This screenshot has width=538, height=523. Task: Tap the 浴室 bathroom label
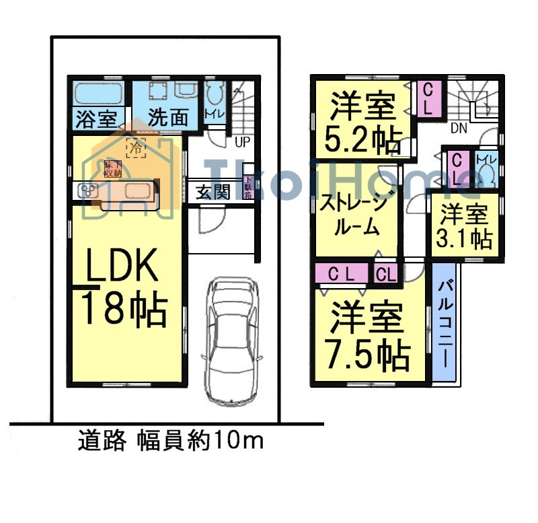coord(95,118)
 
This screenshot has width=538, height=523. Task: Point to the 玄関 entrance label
coord(213,192)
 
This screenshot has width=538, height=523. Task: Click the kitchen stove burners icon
coord(88,191)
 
